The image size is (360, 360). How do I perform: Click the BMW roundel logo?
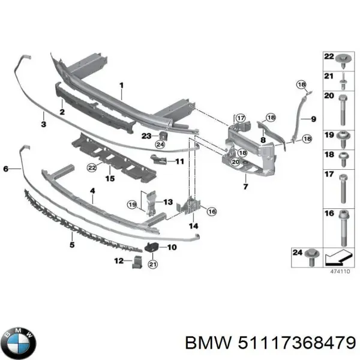(19, 343)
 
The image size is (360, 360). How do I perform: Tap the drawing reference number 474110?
(340, 272)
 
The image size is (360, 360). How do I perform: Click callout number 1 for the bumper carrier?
(121, 86)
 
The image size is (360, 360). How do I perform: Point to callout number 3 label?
(44, 125)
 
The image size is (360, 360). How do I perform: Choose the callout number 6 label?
(7, 170)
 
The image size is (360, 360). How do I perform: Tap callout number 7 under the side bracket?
(245, 187)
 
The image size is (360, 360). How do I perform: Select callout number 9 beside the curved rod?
(313, 119)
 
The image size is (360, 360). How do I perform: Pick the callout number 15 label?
(109, 178)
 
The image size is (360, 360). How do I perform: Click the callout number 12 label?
(119, 260)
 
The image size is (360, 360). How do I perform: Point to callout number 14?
(193, 226)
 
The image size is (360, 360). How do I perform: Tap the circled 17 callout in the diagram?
(240, 118)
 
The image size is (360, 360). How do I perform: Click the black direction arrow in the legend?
(337, 259)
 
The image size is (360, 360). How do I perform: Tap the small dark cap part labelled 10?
(152, 245)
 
